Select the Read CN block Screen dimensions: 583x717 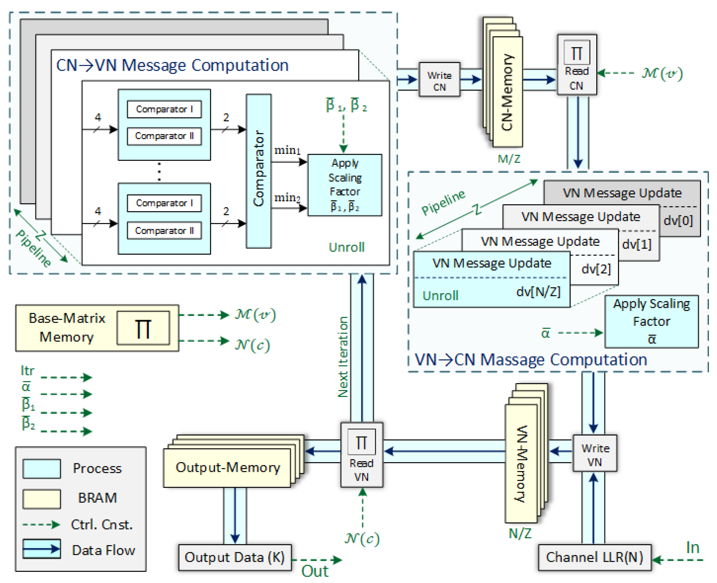(576, 65)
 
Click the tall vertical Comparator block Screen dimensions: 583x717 (258, 171)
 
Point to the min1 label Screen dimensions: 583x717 (287, 150)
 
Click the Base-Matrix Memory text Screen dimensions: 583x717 (67, 327)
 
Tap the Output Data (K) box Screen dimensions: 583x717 (234, 557)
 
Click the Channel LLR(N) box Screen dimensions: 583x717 (594, 557)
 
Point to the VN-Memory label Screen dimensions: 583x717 (521, 464)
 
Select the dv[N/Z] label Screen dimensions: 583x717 (538, 292)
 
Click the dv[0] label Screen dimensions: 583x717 (678, 221)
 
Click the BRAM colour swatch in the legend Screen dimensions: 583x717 (42, 498)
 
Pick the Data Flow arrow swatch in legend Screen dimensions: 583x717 (42, 549)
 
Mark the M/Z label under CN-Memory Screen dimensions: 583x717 (509, 159)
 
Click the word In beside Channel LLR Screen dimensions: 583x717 (693, 548)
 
